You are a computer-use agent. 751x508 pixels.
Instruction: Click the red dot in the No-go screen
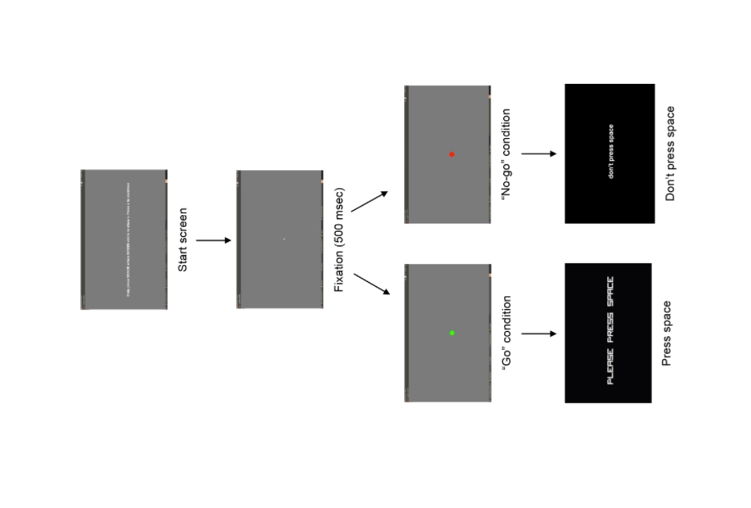(x=452, y=154)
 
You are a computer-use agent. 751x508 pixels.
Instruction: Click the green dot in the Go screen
(x=452, y=333)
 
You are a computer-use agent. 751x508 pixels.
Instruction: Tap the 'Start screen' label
(x=183, y=240)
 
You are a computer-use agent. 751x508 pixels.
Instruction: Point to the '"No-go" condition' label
(x=507, y=154)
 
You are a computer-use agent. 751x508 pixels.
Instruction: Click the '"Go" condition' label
(x=507, y=333)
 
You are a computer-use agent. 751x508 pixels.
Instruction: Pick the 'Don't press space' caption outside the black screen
(x=671, y=154)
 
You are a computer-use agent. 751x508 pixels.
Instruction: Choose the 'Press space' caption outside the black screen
(x=666, y=333)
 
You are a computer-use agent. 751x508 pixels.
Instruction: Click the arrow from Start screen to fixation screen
(x=213, y=240)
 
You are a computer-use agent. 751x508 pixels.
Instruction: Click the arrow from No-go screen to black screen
(x=539, y=154)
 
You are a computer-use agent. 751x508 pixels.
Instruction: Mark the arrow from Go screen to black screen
(x=539, y=334)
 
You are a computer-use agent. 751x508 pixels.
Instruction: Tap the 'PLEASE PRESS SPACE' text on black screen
(x=611, y=331)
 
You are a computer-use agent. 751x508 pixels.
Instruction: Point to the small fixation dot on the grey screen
(x=284, y=240)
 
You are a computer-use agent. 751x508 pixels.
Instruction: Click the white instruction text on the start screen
(x=128, y=240)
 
